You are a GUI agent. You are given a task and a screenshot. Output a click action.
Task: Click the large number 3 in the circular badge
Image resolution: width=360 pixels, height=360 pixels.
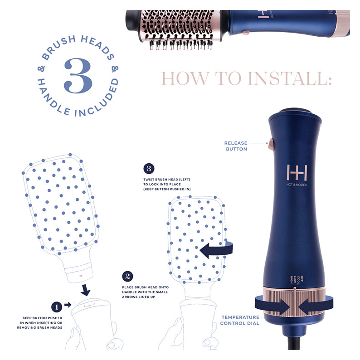[x=78, y=75]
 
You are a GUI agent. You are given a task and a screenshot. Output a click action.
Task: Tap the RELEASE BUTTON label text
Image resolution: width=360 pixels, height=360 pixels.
[x=236, y=146]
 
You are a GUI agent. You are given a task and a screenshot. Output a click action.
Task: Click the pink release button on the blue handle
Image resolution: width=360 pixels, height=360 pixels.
[x=271, y=145]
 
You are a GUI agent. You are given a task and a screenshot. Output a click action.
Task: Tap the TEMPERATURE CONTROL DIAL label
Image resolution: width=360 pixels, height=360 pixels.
[x=240, y=320]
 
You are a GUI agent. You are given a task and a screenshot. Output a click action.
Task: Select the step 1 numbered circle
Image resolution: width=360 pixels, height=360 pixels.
[x=56, y=306]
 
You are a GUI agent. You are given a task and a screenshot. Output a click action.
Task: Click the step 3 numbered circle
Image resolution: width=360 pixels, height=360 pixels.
[x=149, y=169]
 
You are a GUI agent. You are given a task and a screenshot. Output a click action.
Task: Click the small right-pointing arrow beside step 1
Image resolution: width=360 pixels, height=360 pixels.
[x=68, y=305]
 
